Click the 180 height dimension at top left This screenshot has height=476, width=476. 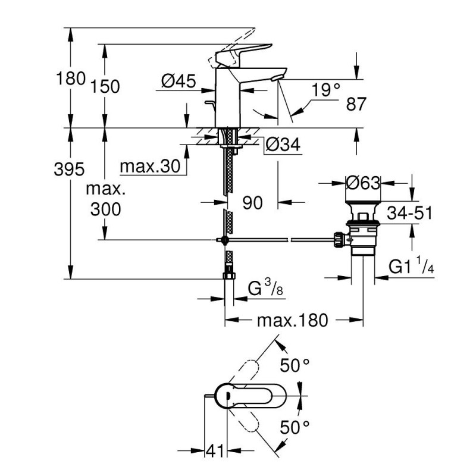pos(71,79)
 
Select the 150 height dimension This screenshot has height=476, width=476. pos(105,87)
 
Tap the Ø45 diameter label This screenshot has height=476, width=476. pos(178,81)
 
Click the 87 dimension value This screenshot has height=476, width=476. pos(356,104)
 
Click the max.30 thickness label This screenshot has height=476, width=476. pos(150,167)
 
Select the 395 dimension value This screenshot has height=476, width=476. pos(69,169)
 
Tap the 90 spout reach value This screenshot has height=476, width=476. pos(252,203)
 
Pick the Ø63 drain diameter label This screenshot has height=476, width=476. pos(363,183)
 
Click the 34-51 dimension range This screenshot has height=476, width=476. pos(409,213)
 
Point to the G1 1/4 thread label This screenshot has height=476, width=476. pos(411,266)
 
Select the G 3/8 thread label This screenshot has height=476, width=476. pos(265,288)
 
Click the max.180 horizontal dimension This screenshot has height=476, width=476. pos(292,320)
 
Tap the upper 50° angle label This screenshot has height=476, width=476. pos(294,365)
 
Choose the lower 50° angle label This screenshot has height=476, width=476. pos(294,427)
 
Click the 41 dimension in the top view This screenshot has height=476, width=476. pos(215,450)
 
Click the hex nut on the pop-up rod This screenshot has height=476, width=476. pos(339,240)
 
